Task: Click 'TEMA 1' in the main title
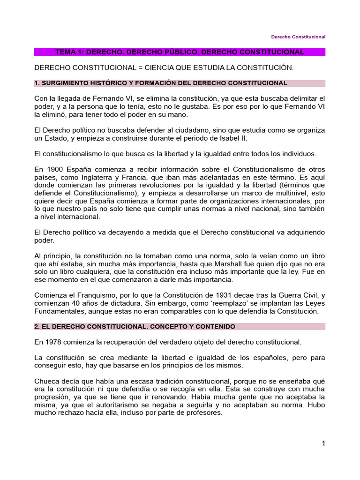(69, 52)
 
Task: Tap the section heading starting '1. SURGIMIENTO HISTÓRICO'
(160, 83)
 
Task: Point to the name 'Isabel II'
(232, 138)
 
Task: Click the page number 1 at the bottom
(323, 443)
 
